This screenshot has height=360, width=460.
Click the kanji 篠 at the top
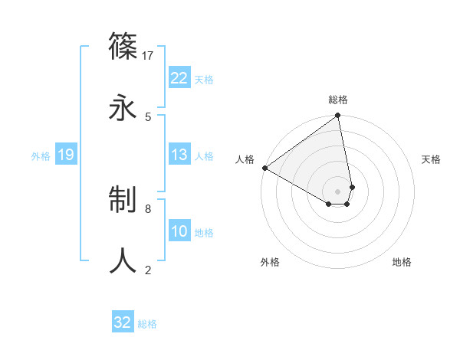click(x=123, y=48)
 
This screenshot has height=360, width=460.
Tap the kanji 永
click(x=123, y=106)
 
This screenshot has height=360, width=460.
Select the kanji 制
click(x=123, y=201)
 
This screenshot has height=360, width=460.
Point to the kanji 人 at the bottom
click(x=123, y=260)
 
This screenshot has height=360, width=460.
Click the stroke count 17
click(x=148, y=56)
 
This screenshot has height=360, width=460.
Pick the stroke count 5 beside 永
click(x=148, y=116)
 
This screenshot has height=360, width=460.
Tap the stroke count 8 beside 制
click(x=148, y=208)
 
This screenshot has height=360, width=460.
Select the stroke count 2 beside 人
click(x=148, y=270)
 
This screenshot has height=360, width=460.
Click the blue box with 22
click(x=179, y=77)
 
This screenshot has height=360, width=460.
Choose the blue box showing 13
click(x=179, y=155)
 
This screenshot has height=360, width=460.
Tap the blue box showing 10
click(x=179, y=231)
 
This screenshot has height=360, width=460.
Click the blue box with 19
click(x=65, y=155)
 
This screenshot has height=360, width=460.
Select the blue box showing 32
click(x=123, y=322)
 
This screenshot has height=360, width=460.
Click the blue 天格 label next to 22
click(x=204, y=79)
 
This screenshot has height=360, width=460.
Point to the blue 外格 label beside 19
click(x=41, y=156)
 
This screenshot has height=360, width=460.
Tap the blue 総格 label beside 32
click(x=147, y=324)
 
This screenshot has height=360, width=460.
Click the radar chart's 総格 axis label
click(x=338, y=100)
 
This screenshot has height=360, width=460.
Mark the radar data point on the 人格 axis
click(x=264, y=168)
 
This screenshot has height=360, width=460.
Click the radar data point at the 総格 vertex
click(x=338, y=116)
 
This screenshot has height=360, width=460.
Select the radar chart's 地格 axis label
click(x=402, y=262)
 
